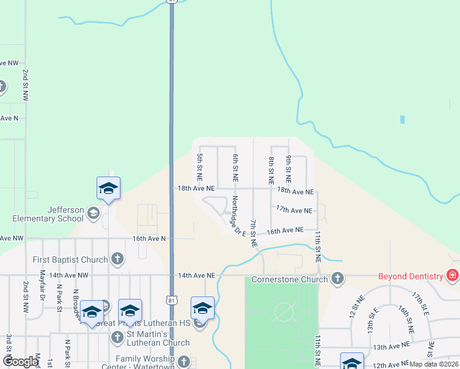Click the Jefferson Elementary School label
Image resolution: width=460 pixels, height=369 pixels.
click(48, 213)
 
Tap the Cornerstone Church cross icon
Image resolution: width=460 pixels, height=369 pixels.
click(337, 279)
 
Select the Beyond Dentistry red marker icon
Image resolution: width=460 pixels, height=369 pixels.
click(453, 276)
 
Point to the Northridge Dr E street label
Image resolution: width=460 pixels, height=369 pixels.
click(238, 215)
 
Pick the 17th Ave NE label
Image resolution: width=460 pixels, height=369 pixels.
click(294, 210)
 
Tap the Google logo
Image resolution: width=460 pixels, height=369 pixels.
click(20, 362)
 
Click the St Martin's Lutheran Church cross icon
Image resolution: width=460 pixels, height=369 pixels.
click(117, 336)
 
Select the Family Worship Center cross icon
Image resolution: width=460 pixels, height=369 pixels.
click(183, 362)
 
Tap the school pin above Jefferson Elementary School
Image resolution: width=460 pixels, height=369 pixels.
click(108, 188)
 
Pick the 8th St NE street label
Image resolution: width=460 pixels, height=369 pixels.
click(271, 170)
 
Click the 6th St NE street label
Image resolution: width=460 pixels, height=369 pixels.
click(235, 167)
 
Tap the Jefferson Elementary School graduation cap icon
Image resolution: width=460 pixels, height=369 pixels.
click(93, 213)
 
